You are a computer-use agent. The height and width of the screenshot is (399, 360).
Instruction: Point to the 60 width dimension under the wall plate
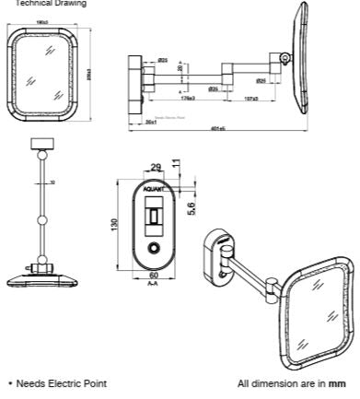point(154,276)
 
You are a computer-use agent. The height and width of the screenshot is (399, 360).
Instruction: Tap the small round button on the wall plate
point(154,249)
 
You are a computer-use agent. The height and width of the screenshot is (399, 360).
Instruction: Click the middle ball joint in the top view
point(42,219)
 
